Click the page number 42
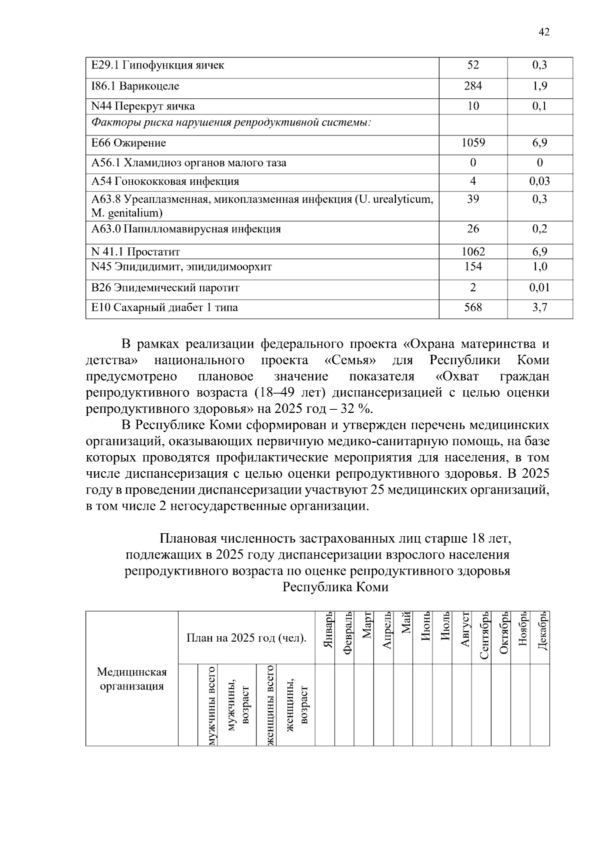(543, 32)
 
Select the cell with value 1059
(472, 143)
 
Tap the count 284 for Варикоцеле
(472, 86)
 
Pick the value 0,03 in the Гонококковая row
(539, 181)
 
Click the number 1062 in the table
(472, 252)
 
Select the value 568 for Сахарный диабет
(472, 307)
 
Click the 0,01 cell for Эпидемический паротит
(539, 287)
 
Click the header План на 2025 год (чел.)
(246, 638)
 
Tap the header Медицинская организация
(131, 679)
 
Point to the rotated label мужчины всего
(212, 706)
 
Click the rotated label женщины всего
(270, 706)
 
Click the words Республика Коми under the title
(335, 587)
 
